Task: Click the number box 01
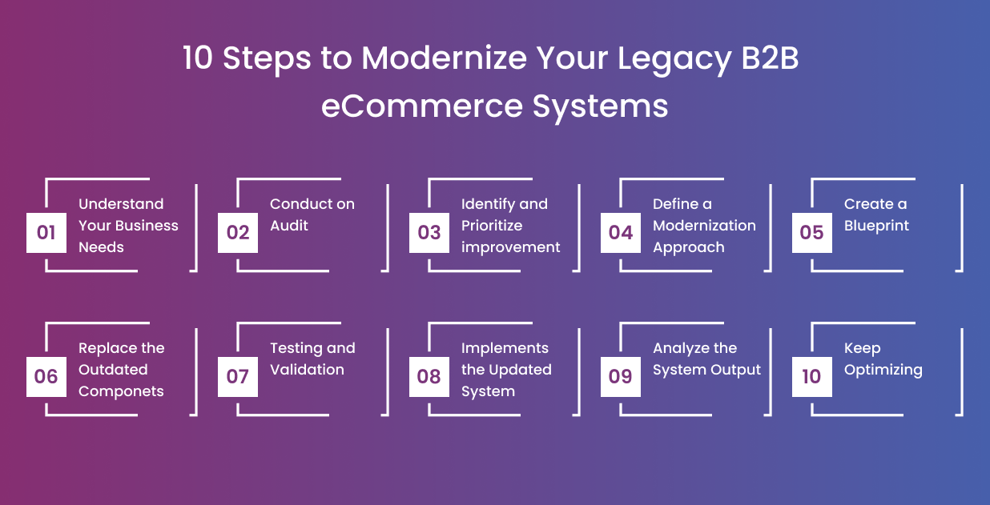pyautogui.click(x=46, y=233)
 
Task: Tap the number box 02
pyautogui.click(x=238, y=233)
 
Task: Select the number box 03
pyautogui.click(x=429, y=233)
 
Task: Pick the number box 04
pyautogui.click(x=621, y=233)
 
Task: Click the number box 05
pyautogui.click(x=811, y=233)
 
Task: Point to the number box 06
pyautogui.click(x=46, y=377)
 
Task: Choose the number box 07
pyautogui.click(x=238, y=377)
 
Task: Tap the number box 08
pyautogui.click(x=429, y=377)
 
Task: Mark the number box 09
pyautogui.click(x=621, y=377)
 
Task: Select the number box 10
pyautogui.click(x=811, y=377)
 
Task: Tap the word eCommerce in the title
pyautogui.click(x=411, y=106)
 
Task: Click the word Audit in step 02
pyautogui.click(x=289, y=226)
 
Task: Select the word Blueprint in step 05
pyautogui.click(x=876, y=226)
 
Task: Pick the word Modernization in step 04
pyautogui.click(x=704, y=226)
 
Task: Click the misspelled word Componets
pyautogui.click(x=121, y=391)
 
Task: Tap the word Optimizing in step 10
pyautogui.click(x=883, y=370)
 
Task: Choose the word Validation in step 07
pyautogui.click(x=307, y=370)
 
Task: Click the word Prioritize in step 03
pyautogui.click(x=492, y=226)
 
